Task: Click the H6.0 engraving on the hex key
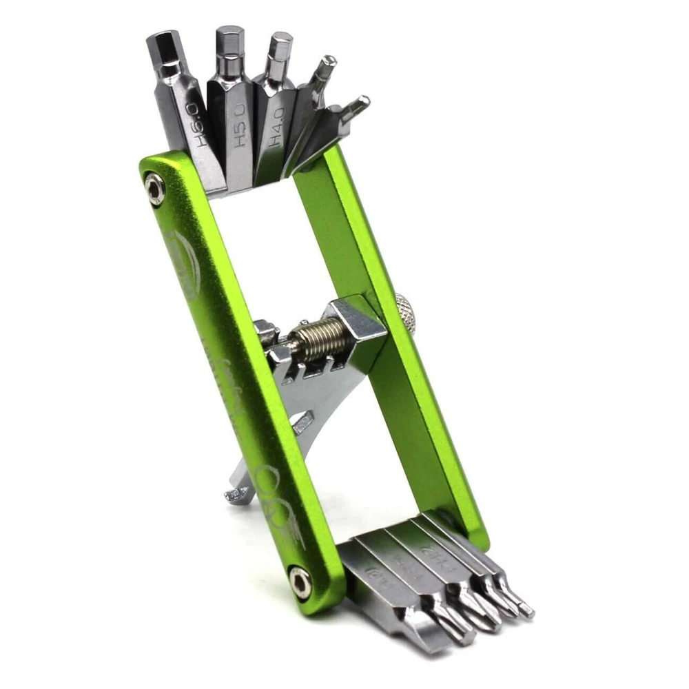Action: pos(198,125)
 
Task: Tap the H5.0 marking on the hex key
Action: pos(238,124)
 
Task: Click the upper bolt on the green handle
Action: pos(155,189)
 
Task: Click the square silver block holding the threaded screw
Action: pos(358,323)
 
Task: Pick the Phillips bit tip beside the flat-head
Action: pos(458,630)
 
